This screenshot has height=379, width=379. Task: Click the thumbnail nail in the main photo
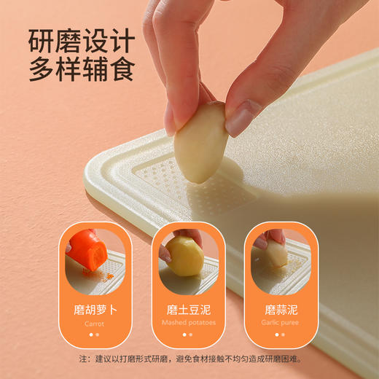click(x=243, y=116)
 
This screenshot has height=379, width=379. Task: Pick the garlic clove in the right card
click(x=276, y=255)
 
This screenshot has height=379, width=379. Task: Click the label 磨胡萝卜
click(x=94, y=309)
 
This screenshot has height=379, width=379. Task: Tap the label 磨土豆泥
click(x=189, y=309)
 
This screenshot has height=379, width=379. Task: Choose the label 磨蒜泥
click(x=281, y=309)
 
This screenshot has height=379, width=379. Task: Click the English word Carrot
click(x=94, y=323)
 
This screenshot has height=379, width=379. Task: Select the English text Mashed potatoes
click(x=189, y=322)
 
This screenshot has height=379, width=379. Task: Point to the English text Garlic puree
click(x=281, y=322)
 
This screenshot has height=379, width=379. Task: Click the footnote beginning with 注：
click(x=189, y=359)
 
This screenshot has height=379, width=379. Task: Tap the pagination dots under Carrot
click(x=94, y=335)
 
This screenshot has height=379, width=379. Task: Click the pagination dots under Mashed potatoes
click(x=189, y=335)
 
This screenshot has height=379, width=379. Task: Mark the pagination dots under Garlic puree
click(x=281, y=335)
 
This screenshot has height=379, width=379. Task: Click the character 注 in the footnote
click(x=83, y=359)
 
